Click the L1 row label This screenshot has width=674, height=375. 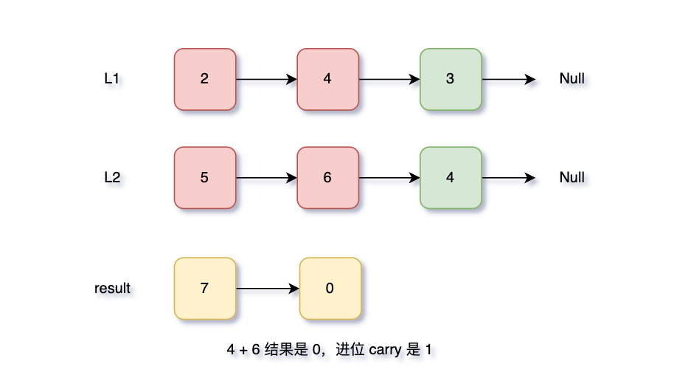112,79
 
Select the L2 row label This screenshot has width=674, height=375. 112,177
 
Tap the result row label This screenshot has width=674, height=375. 112,288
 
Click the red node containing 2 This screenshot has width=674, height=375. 205,79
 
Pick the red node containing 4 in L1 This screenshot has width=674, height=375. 327,79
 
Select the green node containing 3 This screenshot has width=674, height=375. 451,79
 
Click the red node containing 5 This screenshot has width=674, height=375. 205,177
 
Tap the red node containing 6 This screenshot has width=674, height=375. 327,177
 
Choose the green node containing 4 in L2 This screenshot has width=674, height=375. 451,177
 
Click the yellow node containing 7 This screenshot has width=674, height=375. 205,288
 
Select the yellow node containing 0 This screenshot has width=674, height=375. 330,288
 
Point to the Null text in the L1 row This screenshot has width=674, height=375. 572,79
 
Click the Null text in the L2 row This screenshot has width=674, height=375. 572,177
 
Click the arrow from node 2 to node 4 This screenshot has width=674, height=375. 266,79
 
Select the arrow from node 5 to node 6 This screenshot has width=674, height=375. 266,177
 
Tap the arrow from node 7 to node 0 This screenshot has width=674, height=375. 268,288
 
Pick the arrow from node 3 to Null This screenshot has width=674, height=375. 508,79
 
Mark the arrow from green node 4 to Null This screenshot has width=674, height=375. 508,177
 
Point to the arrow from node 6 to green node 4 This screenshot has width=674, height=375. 389,177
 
